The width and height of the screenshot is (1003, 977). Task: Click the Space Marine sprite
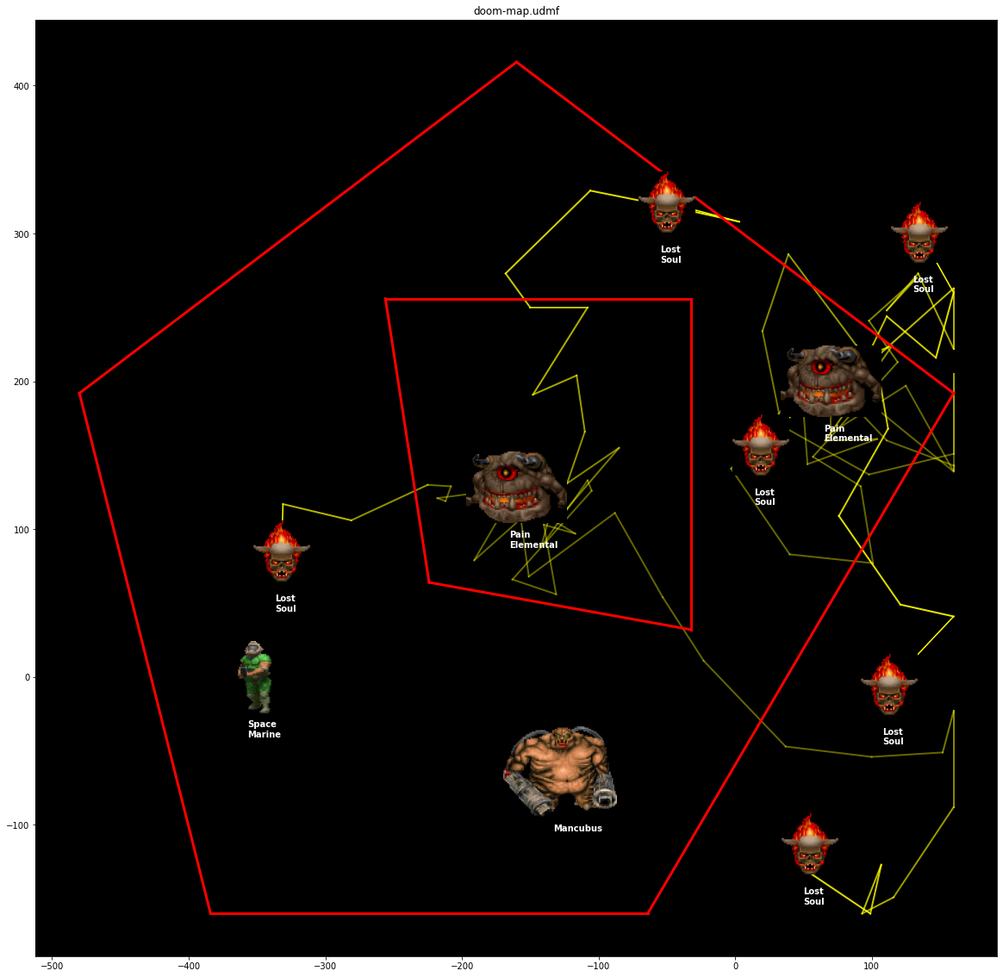255,676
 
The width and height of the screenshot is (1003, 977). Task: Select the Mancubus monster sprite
561,770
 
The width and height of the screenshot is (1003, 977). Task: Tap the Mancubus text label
577,828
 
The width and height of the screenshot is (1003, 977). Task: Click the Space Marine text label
265,729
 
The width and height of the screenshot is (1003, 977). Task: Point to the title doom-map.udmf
516,11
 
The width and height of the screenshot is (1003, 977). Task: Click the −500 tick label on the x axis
52,966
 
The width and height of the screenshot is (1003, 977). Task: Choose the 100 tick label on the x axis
871,966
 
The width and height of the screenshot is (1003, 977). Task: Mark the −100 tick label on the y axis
19,825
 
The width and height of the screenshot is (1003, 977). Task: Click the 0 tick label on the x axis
735,966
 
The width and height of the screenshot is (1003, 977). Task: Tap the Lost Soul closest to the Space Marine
282,551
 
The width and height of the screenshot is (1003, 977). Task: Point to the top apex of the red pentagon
517,62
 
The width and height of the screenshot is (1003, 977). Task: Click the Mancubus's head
562,737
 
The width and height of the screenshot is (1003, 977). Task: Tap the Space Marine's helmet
254,648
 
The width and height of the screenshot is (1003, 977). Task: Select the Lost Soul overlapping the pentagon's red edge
667,202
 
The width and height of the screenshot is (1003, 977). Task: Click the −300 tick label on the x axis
325,966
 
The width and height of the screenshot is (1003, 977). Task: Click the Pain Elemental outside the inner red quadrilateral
831,382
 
